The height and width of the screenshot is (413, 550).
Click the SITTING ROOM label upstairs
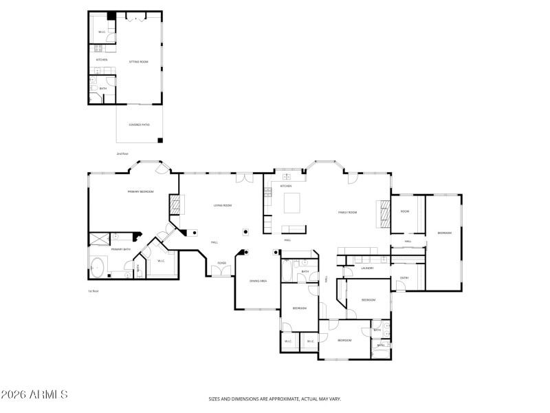pos(139,62)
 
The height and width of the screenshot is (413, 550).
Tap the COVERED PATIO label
pos(139,125)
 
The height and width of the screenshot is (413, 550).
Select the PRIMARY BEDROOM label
pos(140,191)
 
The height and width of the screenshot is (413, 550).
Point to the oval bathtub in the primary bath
pos(97,266)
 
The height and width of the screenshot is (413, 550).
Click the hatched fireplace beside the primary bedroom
pos(175,204)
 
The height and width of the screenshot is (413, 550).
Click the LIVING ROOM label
pos(222,205)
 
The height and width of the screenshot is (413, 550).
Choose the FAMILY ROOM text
pos(347,213)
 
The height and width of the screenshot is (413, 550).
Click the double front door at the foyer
pos(221,274)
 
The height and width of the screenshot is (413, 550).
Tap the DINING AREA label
pos(258,282)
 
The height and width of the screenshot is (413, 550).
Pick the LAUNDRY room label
pos(367,268)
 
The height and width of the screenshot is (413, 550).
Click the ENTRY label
pos(405,278)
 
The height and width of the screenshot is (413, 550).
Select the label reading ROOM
pos(405,211)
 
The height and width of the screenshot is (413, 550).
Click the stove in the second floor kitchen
pos(98,49)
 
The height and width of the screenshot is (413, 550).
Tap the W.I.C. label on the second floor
pos(102,32)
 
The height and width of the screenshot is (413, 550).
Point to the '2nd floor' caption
pos(123,153)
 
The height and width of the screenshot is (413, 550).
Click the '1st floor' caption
pos(93,291)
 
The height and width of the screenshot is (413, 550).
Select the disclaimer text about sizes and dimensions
pos(275,399)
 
